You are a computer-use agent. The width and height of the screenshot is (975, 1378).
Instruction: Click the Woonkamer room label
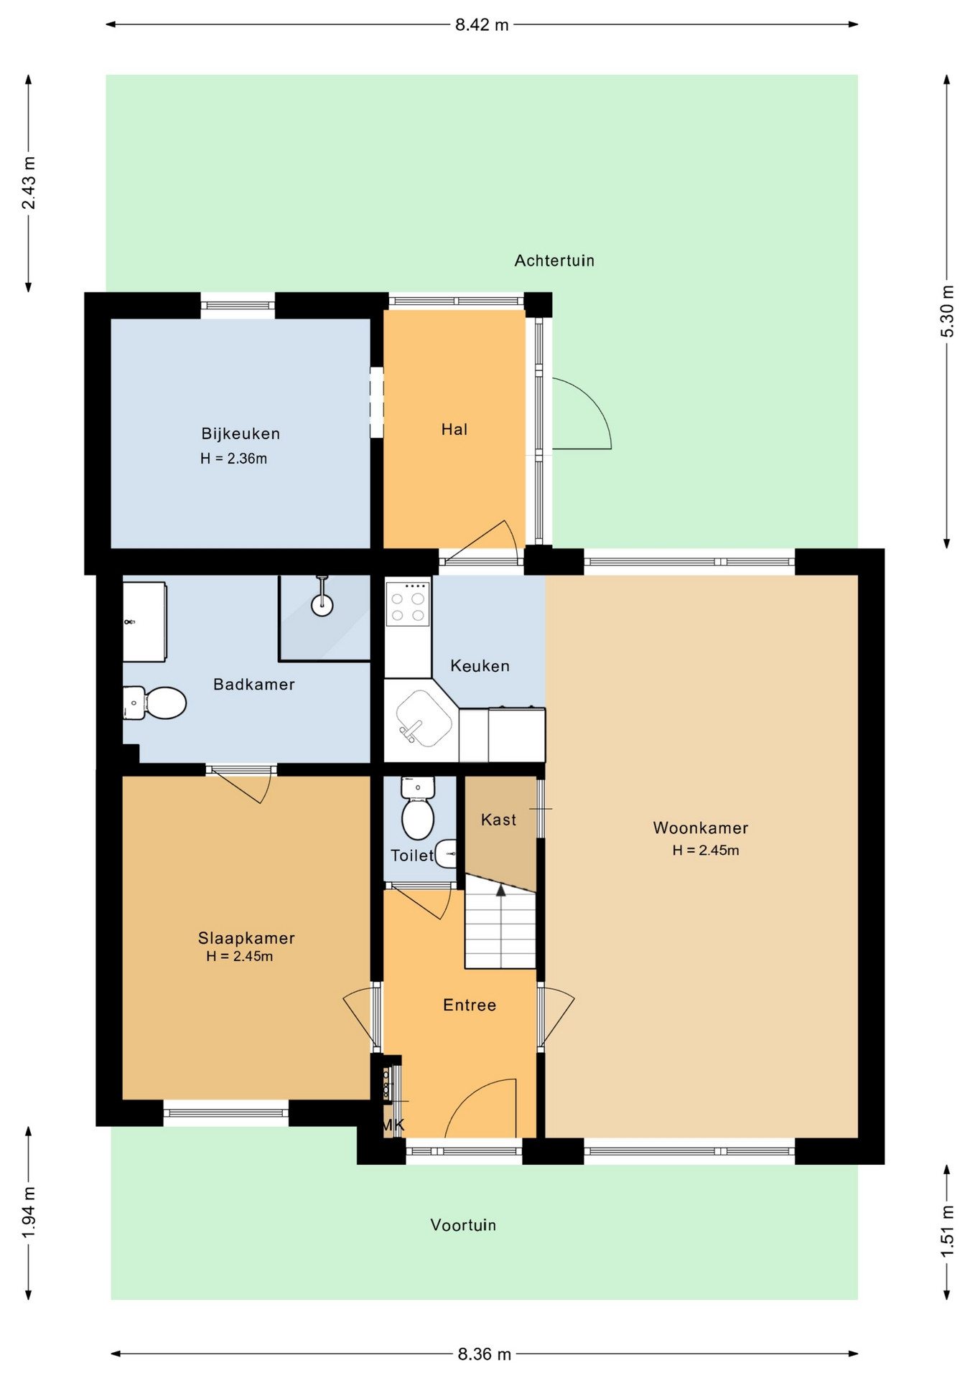(x=700, y=828)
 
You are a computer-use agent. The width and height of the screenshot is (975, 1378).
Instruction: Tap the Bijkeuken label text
(x=241, y=433)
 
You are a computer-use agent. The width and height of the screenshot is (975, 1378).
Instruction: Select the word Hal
(x=454, y=429)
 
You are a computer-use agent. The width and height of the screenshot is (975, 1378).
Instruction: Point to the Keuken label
(x=480, y=665)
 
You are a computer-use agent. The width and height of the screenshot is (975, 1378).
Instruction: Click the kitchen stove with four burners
(x=408, y=604)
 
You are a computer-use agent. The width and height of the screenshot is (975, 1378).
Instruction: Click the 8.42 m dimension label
(x=482, y=25)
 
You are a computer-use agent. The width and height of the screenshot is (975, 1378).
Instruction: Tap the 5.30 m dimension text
(x=948, y=311)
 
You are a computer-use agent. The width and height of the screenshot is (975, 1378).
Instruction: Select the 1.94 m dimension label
(x=29, y=1212)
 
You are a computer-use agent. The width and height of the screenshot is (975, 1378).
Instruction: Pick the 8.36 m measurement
(x=484, y=1354)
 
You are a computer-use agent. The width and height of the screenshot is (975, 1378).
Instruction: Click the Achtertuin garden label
(x=554, y=261)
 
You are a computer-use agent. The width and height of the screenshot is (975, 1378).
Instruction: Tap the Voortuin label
(x=463, y=1225)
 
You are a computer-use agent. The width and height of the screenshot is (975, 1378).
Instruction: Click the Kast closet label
(x=499, y=820)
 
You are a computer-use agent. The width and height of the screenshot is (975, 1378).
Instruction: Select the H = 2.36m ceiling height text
(x=233, y=459)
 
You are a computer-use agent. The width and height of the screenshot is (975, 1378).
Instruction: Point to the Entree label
(x=470, y=1005)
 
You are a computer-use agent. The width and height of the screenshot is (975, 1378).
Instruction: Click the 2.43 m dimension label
(x=29, y=183)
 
